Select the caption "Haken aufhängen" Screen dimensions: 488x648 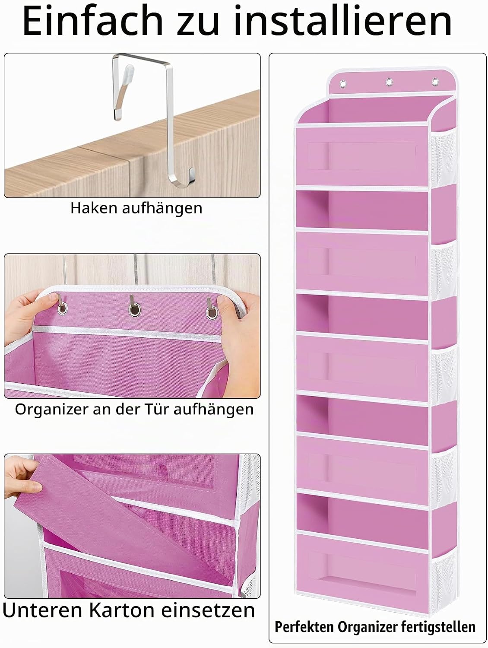pyautogui.click(x=136, y=208)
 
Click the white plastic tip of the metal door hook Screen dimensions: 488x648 pyautogui.click(x=129, y=72)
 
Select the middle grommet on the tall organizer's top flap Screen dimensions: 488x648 pyautogui.click(x=389, y=82)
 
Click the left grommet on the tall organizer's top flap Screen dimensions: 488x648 pyautogui.click(x=343, y=84)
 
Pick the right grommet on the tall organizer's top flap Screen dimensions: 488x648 pyautogui.click(x=435, y=82)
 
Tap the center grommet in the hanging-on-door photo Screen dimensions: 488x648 pyautogui.click(x=135, y=310)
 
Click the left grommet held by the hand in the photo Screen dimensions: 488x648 pyautogui.click(x=62, y=308)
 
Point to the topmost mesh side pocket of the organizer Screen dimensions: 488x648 pyautogui.click(x=444, y=158)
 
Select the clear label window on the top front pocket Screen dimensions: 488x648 pyautogui.click(x=362, y=156)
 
